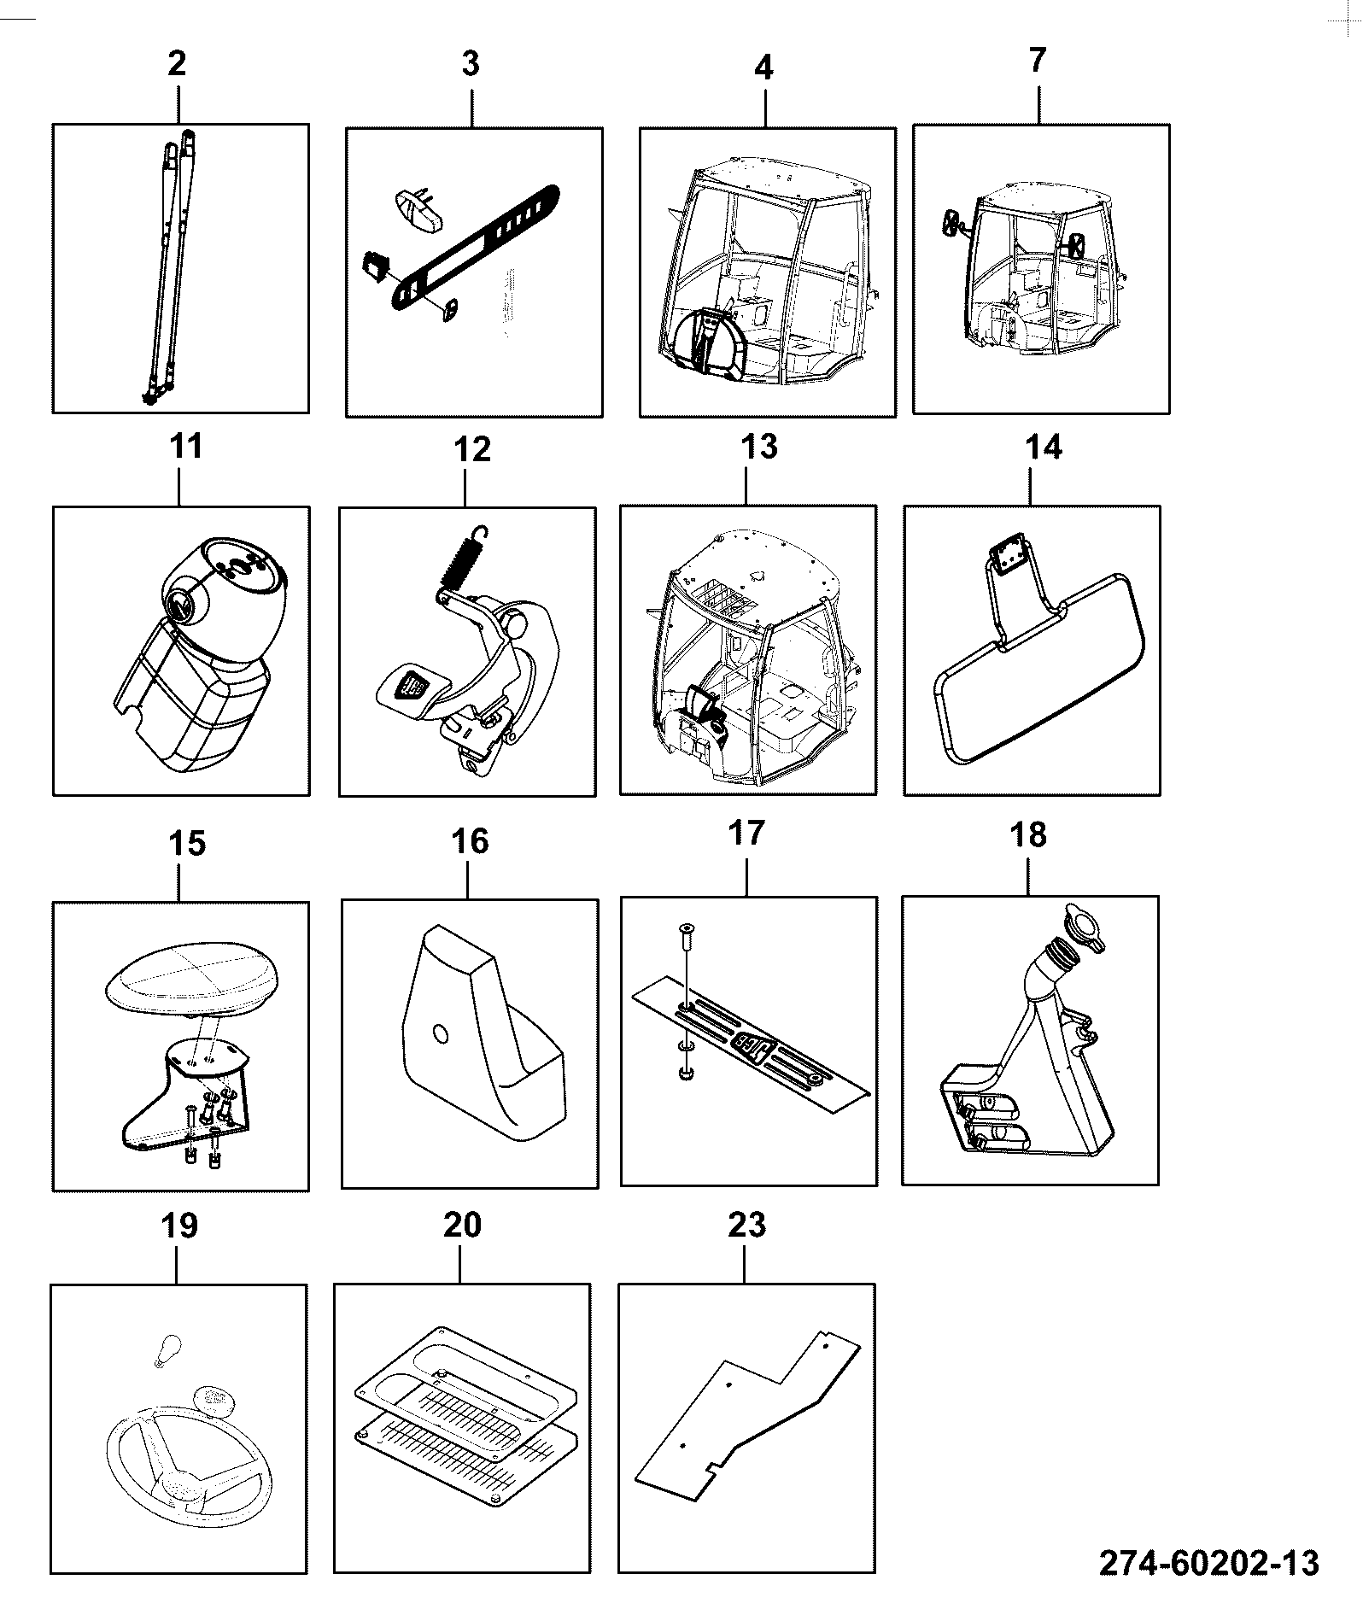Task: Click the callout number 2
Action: [177, 64]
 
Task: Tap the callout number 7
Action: [1037, 61]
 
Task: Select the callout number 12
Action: [472, 449]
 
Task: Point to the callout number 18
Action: [1028, 835]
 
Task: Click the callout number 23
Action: [747, 1226]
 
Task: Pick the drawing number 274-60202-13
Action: [1208, 1563]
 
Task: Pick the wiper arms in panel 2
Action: [170, 265]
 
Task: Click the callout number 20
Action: [462, 1226]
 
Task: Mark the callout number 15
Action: [187, 844]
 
